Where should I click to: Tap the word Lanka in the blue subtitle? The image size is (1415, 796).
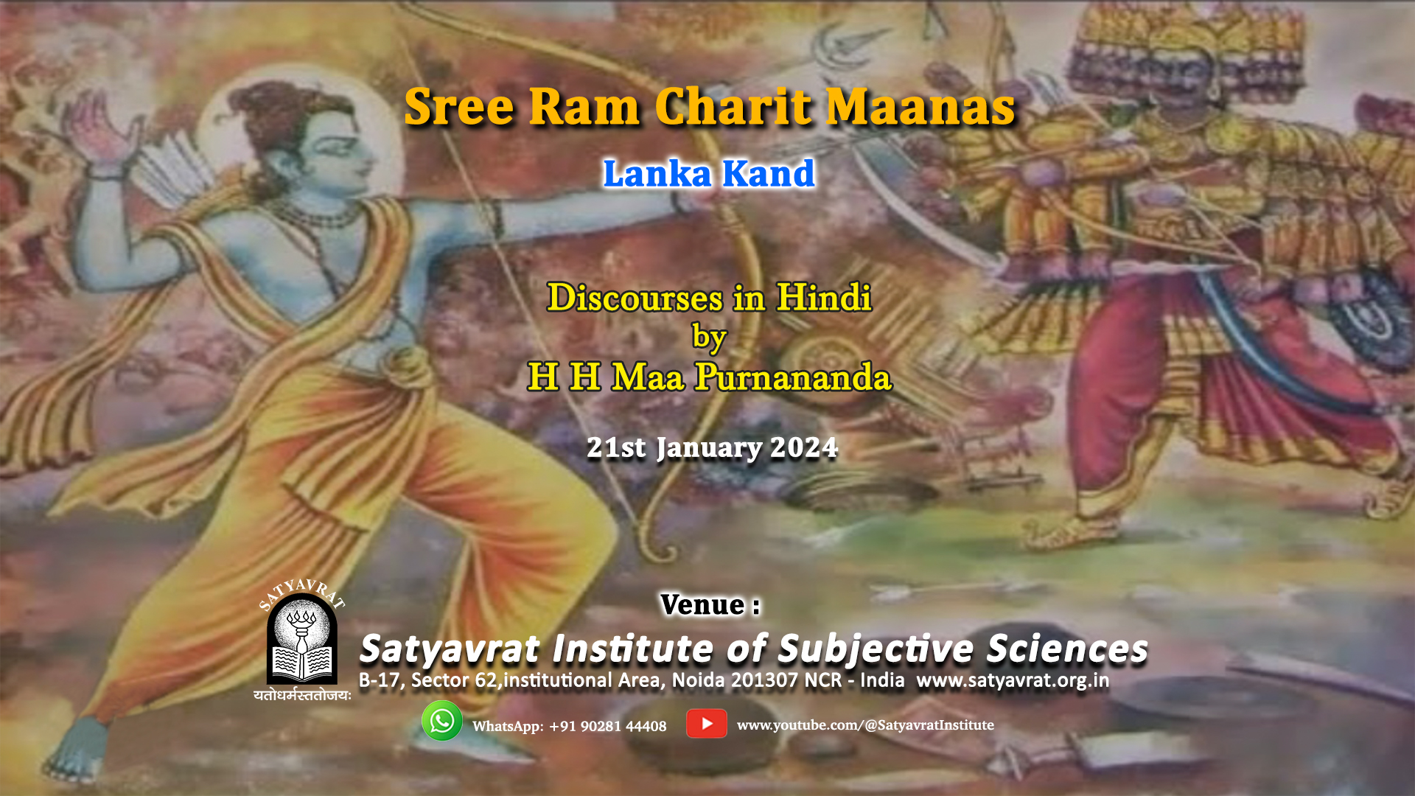pos(657,174)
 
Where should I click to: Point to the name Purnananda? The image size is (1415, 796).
pos(793,377)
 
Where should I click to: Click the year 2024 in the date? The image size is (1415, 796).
pos(803,447)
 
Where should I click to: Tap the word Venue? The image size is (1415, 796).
pos(702,605)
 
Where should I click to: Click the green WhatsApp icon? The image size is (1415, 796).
pos(441,721)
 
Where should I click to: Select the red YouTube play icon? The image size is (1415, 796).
pos(706,724)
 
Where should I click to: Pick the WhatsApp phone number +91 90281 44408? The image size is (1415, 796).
pos(607,727)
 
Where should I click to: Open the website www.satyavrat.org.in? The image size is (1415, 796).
pos(1013,680)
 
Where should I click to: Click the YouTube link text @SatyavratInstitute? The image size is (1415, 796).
pos(929,725)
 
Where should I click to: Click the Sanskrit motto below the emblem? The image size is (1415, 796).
pos(302,695)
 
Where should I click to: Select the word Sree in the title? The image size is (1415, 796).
pos(459,107)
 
